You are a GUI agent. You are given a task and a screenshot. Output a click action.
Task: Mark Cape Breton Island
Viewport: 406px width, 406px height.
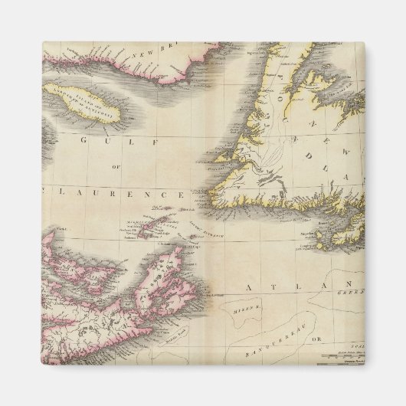click(162, 271)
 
